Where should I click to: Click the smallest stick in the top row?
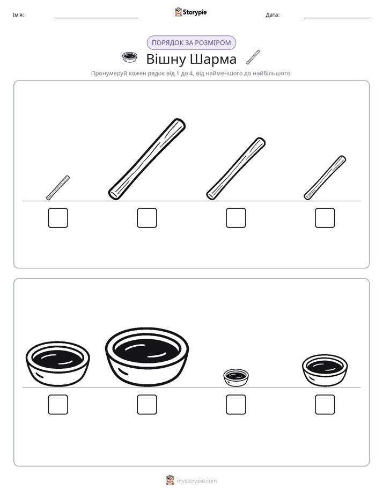[x=58, y=187]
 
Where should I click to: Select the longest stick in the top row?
[x=147, y=159]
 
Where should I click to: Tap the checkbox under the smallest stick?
[x=58, y=218]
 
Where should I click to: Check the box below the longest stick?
[x=147, y=218]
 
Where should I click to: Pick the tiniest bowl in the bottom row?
[x=236, y=377]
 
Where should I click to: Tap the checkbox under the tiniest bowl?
[x=236, y=405]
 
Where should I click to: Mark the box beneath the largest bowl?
[x=147, y=405]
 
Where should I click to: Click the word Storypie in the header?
[x=195, y=12]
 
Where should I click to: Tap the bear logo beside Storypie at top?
[x=178, y=12]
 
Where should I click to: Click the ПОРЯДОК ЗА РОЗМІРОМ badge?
[x=191, y=43]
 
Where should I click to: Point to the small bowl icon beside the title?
[x=130, y=57]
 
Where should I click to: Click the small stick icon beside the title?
[x=253, y=57]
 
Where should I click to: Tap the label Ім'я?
[x=18, y=15]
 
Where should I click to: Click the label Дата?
[x=272, y=15]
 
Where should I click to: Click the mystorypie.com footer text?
[x=196, y=481]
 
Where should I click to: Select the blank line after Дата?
[x=337, y=18]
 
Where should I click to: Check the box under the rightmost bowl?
[x=325, y=405]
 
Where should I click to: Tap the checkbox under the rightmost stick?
[x=325, y=218]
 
